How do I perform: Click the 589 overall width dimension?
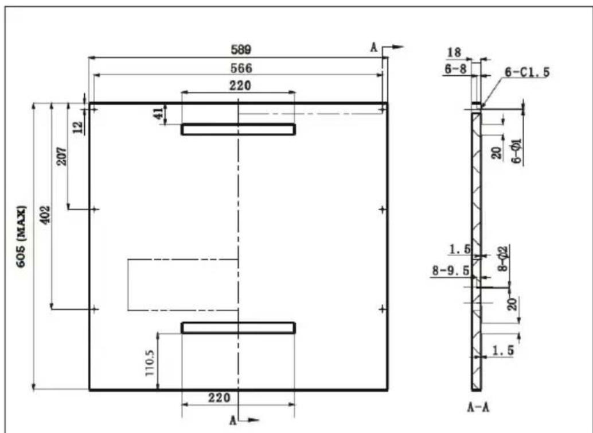tap(241, 49)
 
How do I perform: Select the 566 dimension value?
tap(241, 68)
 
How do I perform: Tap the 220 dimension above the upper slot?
tap(240, 86)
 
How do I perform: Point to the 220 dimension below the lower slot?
tap(219, 398)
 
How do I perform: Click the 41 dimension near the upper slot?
tap(159, 113)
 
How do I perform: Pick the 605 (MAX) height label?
tap(22, 237)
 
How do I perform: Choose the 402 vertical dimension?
tap(45, 215)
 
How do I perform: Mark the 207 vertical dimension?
tap(62, 156)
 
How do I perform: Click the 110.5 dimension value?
tap(150, 362)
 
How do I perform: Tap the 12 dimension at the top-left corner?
tap(79, 127)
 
